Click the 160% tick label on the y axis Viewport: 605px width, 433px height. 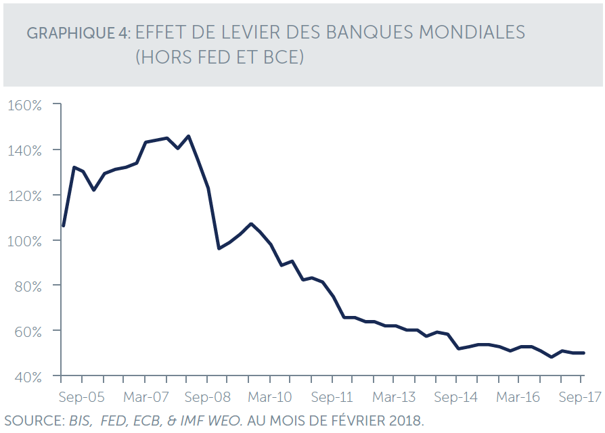tap(25, 105)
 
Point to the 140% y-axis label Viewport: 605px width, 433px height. tap(25, 150)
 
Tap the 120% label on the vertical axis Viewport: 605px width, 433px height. tap(25, 196)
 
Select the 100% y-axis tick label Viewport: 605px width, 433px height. tap(25, 241)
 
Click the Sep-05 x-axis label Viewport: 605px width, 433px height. tap(81, 397)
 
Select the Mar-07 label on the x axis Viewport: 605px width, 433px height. tap(145, 397)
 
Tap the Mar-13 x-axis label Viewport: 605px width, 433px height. tap(395, 397)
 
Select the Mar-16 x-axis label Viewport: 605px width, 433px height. tap(519, 397)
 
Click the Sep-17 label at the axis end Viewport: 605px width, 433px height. tap(579, 397)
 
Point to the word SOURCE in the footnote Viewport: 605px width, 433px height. tap(30, 421)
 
